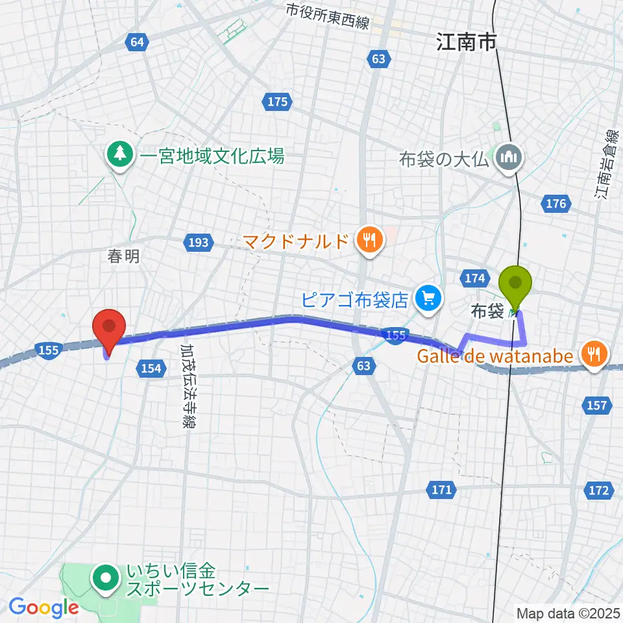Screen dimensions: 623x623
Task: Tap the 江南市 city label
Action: [466, 43]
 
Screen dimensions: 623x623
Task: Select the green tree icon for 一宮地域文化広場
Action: [119, 155]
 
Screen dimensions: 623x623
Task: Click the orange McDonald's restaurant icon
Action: [369, 242]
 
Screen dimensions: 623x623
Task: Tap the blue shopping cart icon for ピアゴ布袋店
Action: [428, 299]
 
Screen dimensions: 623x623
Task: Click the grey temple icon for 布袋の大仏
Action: [507, 156]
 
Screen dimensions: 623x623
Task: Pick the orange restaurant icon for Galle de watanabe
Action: [594, 354]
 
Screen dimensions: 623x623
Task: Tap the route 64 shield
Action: [136, 42]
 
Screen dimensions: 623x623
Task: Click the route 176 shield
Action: [556, 204]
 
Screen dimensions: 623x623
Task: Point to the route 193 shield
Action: [199, 243]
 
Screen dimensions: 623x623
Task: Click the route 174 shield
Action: [476, 278]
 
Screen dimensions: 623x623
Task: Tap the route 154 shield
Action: [150, 369]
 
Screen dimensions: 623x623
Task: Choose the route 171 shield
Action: [441, 489]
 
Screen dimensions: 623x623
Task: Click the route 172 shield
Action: [599, 490]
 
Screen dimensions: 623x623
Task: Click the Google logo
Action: [43, 607]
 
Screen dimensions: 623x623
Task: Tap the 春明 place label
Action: [123, 256]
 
